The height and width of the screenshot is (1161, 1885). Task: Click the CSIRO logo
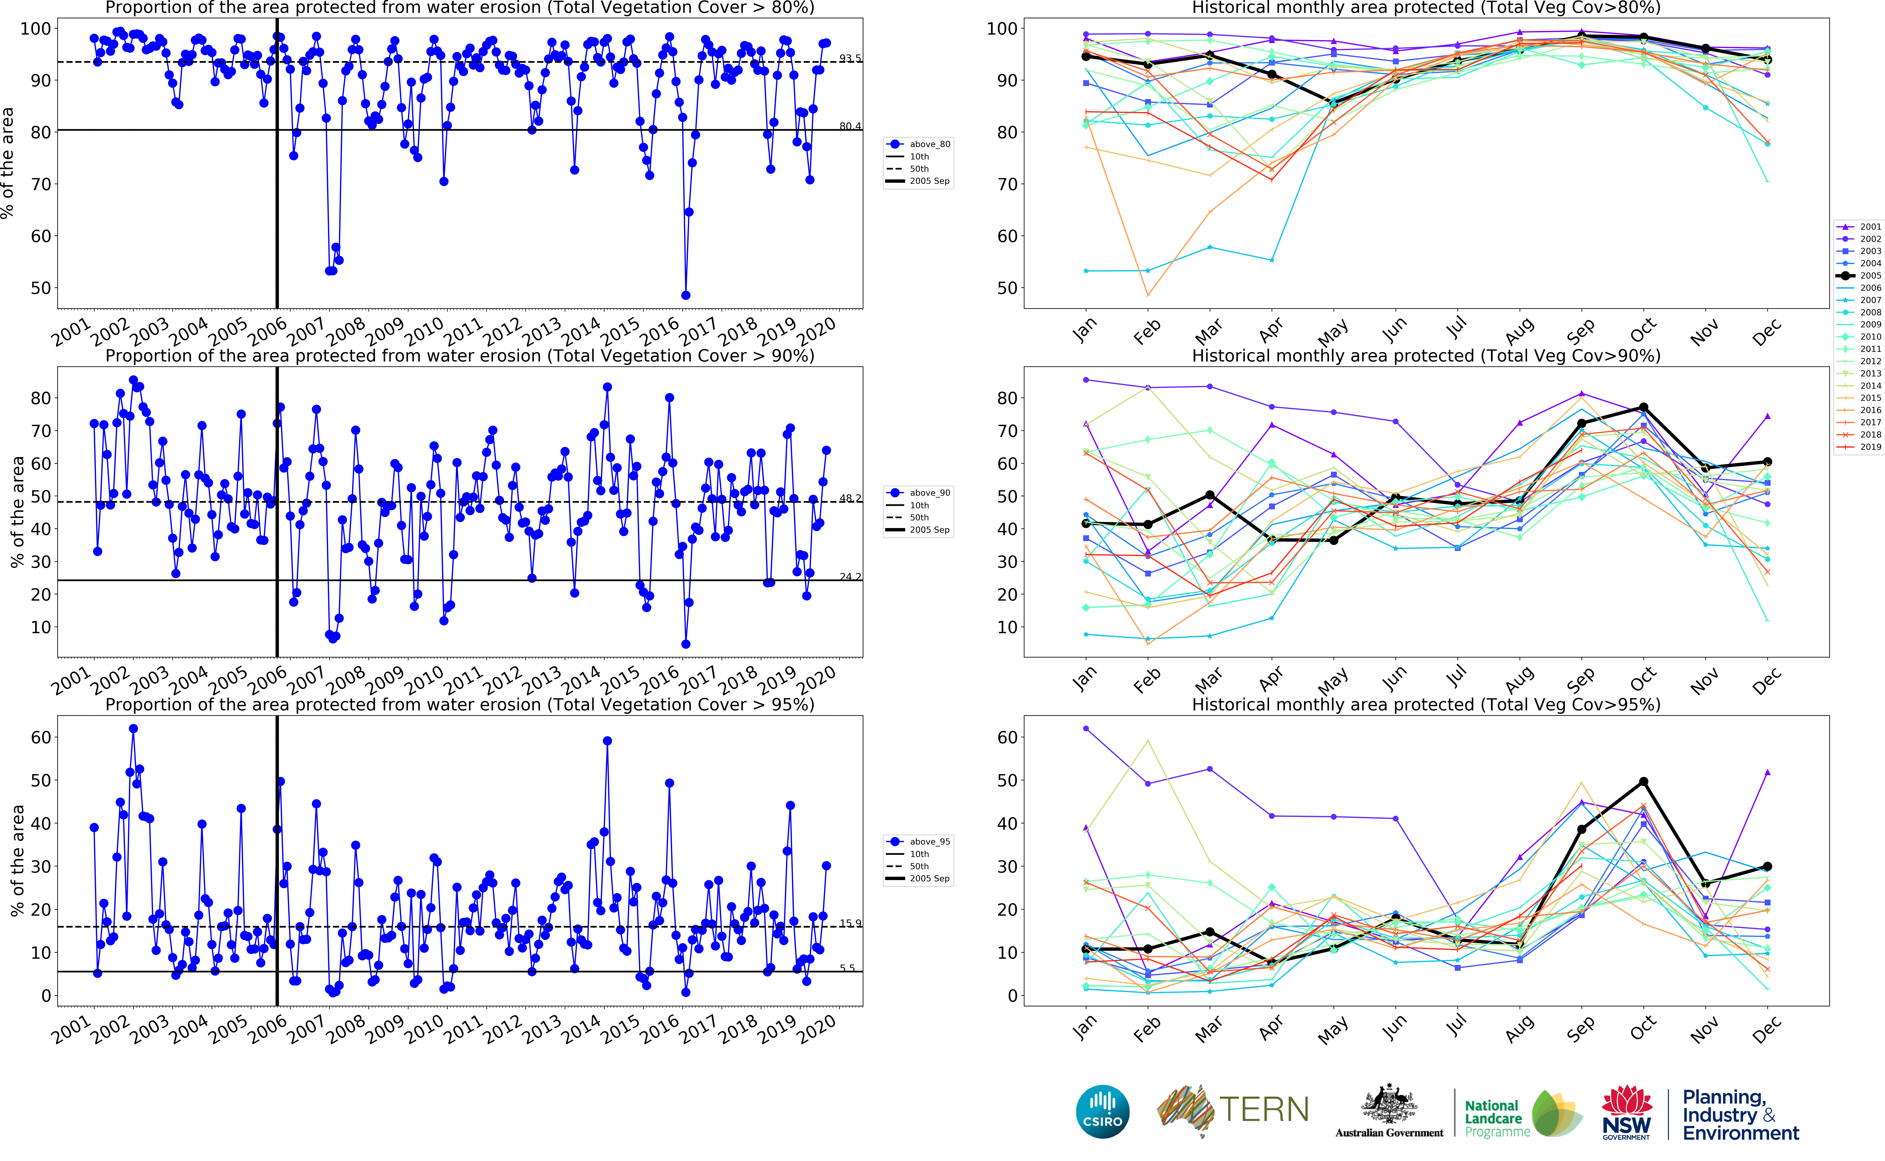(x=1103, y=1111)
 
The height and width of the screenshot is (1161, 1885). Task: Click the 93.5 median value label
(x=850, y=58)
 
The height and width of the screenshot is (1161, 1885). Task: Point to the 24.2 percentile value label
(x=850, y=577)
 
